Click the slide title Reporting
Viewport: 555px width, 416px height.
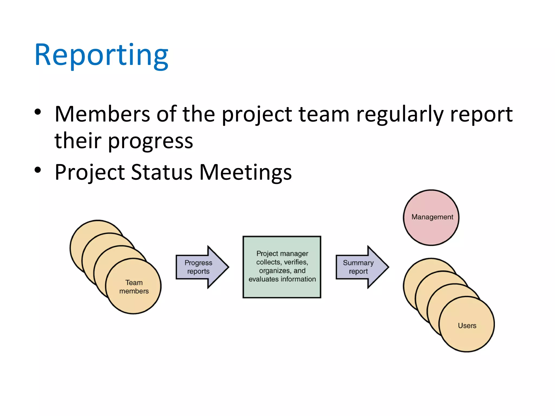pyautogui.click(x=101, y=56)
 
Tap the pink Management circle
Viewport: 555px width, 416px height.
pyautogui.click(x=431, y=217)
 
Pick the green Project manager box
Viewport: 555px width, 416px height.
pyautogui.click(x=282, y=267)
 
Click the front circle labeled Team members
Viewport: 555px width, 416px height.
pyautogui.click(x=134, y=287)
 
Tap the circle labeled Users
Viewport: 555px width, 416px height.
pyautogui.click(x=467, y=325)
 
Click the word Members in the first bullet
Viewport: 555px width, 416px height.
pyautogui.click(x=102, y=114)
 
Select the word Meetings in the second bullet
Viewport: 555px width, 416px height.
pyautogui.click(x=245, y=173)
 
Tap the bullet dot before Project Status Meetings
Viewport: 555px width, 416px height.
pyautogui.click(x=38, y=170)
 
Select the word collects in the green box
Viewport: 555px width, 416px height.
pyautogui.click(x=268, y=262)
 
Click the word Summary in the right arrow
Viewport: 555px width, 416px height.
pyautogui.click(x=358, y=263)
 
